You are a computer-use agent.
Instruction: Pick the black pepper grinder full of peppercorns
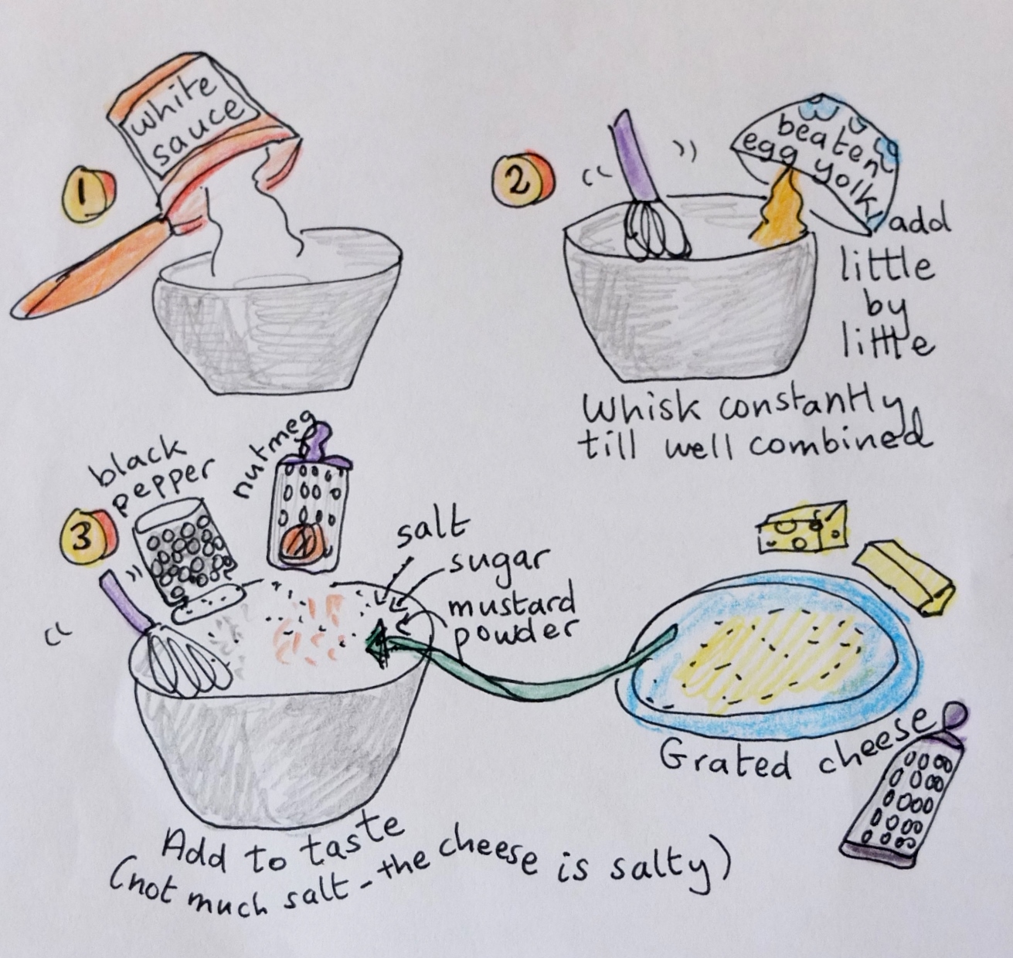185,559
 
